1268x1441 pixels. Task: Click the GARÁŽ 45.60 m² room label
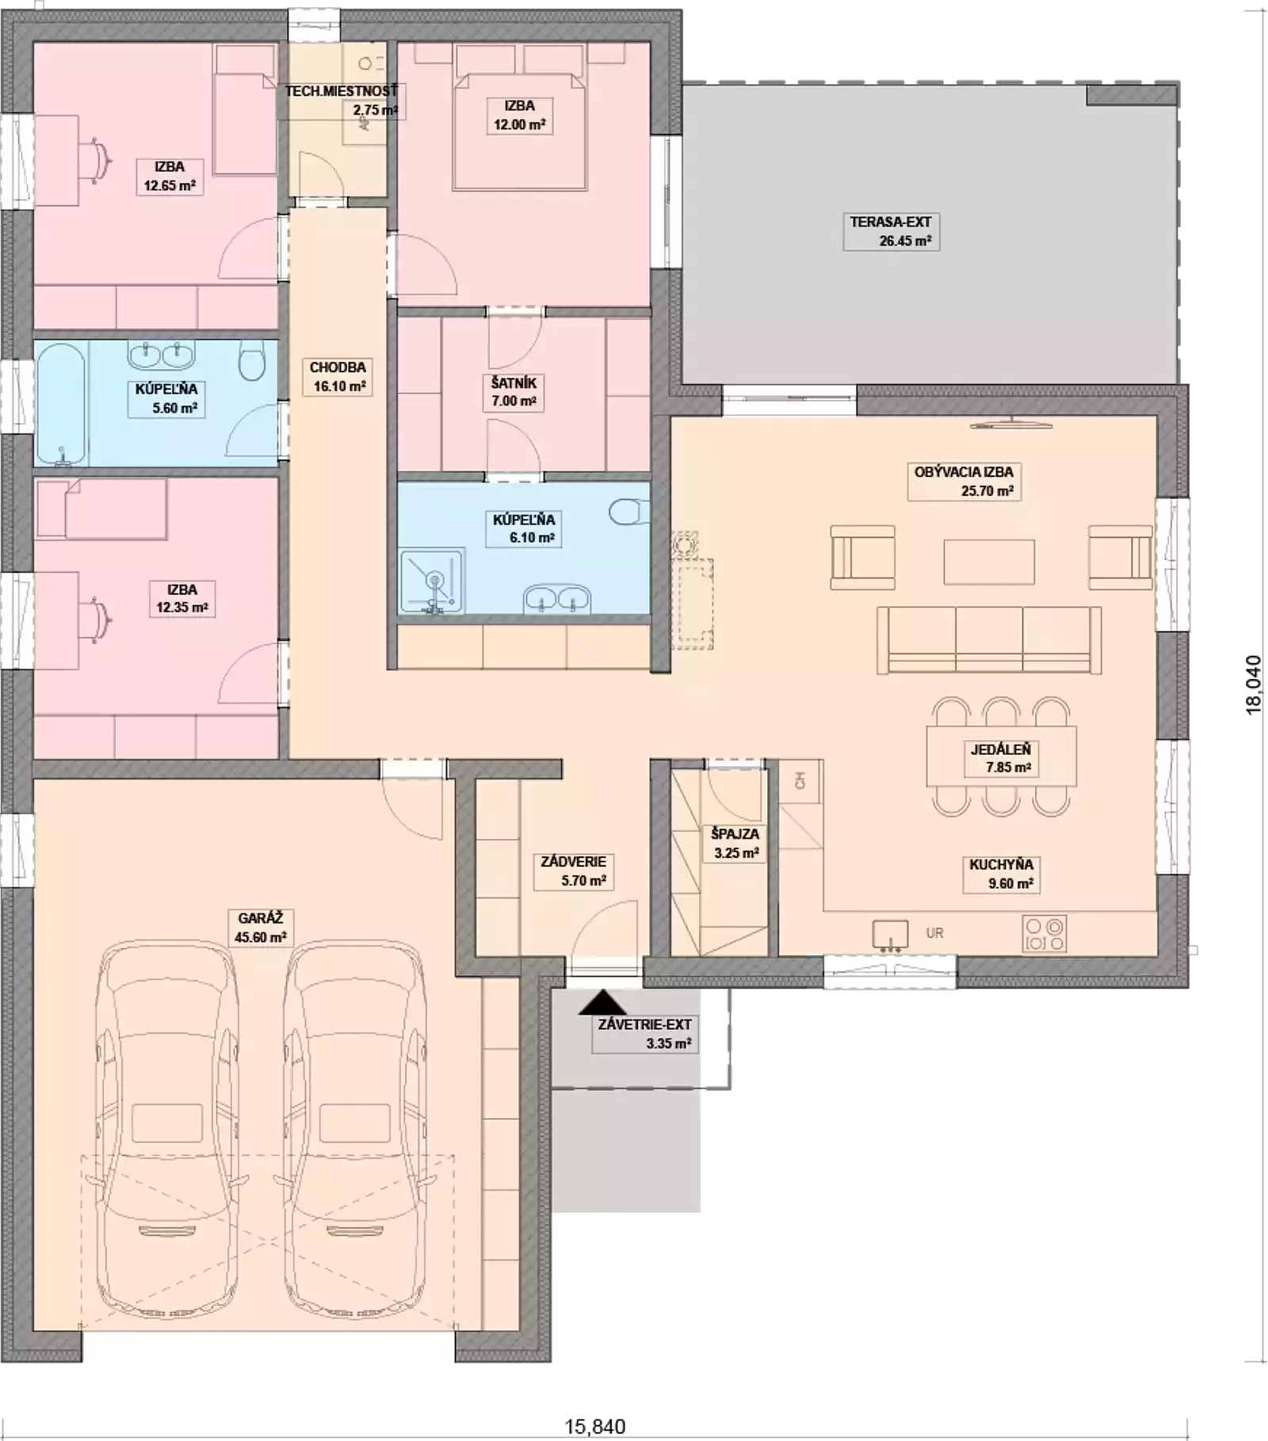click(x=260, y=928)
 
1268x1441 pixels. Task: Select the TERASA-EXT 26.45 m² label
click(x=891, y=231)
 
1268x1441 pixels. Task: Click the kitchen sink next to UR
click(x=890, y=935)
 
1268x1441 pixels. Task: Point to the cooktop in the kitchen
click(x=1044, y=933)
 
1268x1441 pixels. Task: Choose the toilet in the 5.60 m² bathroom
click(x=252, y=362)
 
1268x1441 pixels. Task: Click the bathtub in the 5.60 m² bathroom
click(x=61, y=404)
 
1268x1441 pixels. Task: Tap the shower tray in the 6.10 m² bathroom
click(x=432, y=581)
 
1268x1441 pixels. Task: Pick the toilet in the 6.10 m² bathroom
click(x=628, y=512)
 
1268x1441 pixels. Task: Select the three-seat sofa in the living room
click(x=989, y=640)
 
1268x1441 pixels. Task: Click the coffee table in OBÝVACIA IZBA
click(x=989, y=562)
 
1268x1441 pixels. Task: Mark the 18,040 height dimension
click(x=1253, y=684)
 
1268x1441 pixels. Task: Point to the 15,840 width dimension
click(x=595, y=1427)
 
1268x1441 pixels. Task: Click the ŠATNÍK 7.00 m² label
click(x=514, y=391)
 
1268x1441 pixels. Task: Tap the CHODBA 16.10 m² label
click(x=338, y=377)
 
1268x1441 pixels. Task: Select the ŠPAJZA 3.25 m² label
click(x=735, y=843)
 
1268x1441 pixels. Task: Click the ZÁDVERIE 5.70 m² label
click(x=574, y=871)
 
